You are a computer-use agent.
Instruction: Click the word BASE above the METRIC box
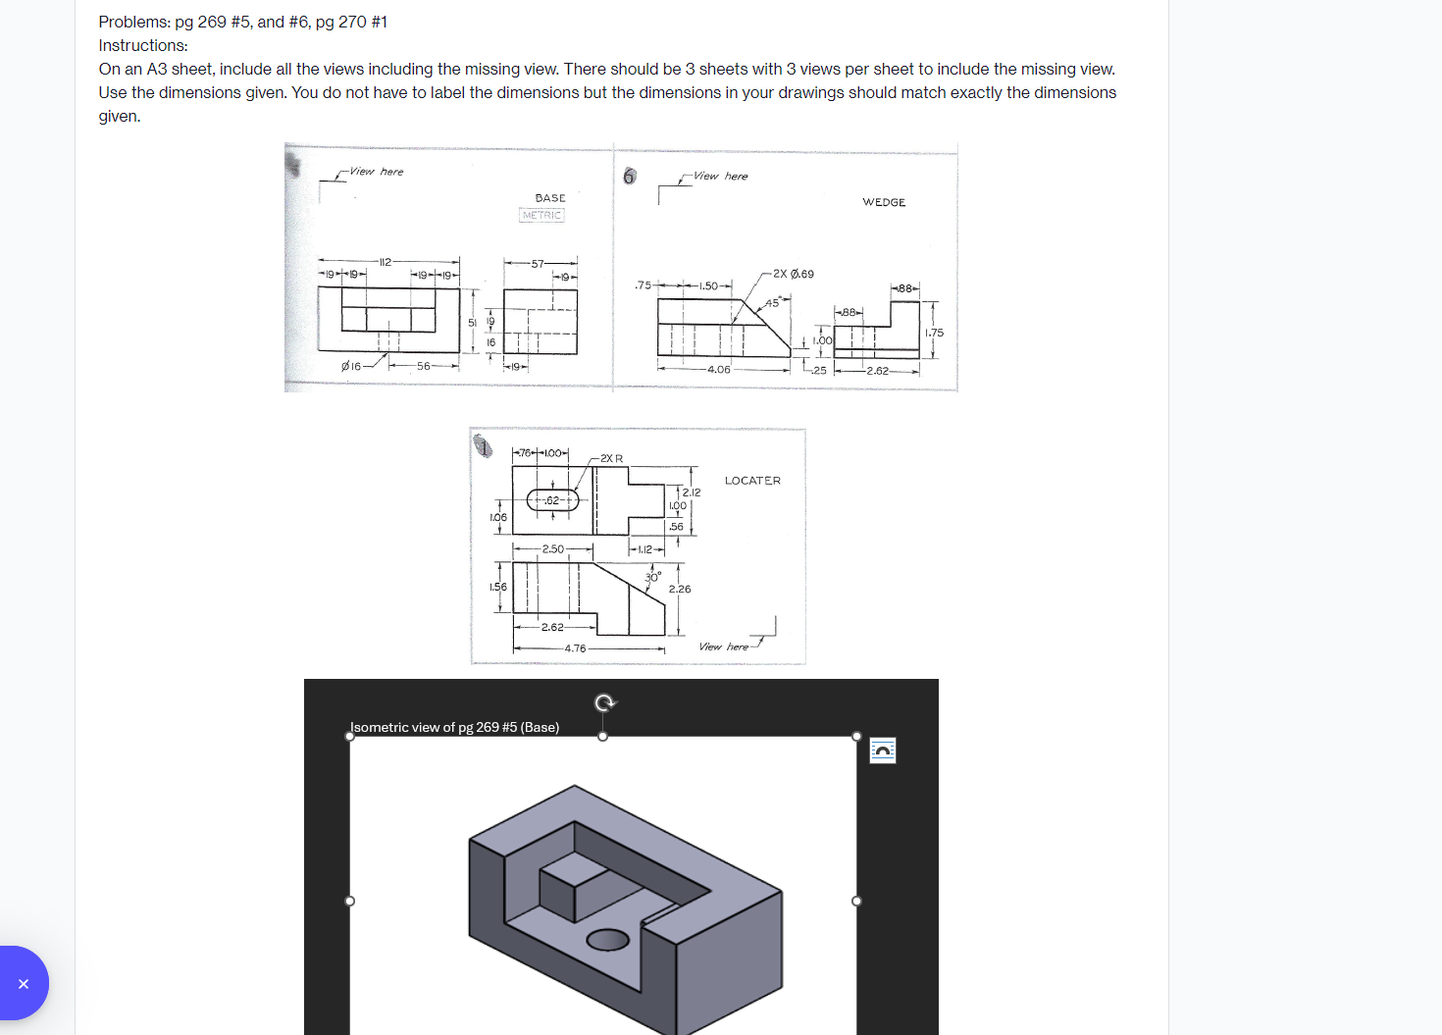[550, 198]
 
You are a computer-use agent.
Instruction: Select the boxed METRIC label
[541, 215]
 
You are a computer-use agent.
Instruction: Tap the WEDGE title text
[884, 202]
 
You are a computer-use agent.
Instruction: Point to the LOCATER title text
[752, 481]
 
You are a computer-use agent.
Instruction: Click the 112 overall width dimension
[385, 262]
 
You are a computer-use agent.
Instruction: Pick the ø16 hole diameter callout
[351, 366]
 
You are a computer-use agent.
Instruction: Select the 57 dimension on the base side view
[538, 264]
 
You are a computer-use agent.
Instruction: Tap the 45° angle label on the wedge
[773, 303]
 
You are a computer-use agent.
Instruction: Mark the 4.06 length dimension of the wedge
[719, 370]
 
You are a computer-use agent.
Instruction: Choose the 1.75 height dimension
[934, 333]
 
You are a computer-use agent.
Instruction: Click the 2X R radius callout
[611, 458]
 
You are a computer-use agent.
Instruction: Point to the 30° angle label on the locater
[653, 577]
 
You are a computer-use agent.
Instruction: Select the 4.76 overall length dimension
[575, 648]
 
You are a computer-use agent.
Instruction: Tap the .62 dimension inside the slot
[552, 500]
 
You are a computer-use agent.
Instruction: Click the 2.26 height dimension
[680, 589]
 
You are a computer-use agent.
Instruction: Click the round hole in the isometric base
[608, 940]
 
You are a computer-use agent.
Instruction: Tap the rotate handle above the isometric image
[605, 702]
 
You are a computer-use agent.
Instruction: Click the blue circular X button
[23, 983]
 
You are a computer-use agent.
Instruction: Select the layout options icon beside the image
[883, 750]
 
